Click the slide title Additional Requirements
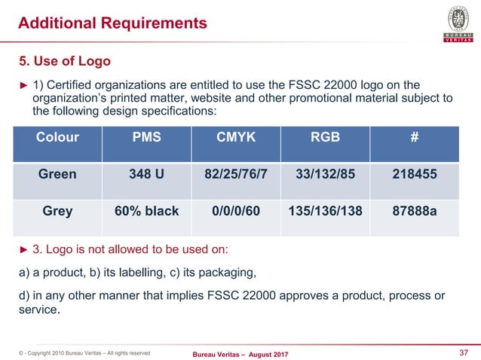pos(112,23)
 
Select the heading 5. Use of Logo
pos(64,59)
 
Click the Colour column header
pos(57,138)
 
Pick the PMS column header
pos(146,138)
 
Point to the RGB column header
pos(325,138)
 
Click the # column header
pos(414,138)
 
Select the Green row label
pos(57,174)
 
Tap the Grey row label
pos(57,211)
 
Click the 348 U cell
pos(146,174)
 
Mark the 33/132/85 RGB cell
pos(325,174)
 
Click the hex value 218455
pos(414,174)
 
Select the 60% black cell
pos(146,211)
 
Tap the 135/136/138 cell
pos(325,211)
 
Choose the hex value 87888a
pos(414,211)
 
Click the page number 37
pos(464,352)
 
